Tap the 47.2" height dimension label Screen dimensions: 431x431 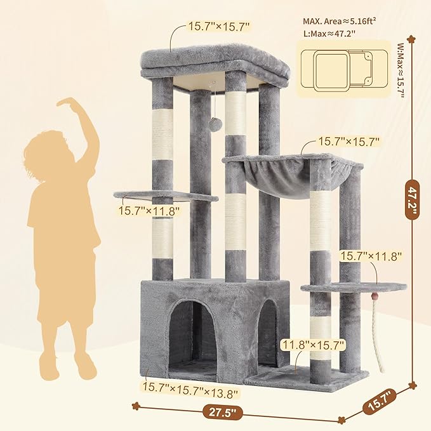[x=413, y=201]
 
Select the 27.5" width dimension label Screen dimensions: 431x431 [x=224, y=411]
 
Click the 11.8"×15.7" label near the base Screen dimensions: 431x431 [x=314, y=345]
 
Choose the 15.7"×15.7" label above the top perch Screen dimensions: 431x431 [x=219, y=27]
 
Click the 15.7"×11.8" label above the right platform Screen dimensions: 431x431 [x=371, y=256]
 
